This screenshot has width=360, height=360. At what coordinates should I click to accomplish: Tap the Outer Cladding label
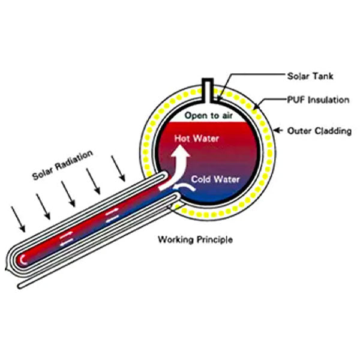coord(319,130)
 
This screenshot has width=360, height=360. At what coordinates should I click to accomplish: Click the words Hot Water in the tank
coord(197,138)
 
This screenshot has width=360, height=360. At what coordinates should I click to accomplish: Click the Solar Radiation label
coord(63,165)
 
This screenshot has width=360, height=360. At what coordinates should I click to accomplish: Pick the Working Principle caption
coord(194,240)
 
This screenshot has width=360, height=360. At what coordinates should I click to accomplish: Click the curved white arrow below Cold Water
coord(187,189)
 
